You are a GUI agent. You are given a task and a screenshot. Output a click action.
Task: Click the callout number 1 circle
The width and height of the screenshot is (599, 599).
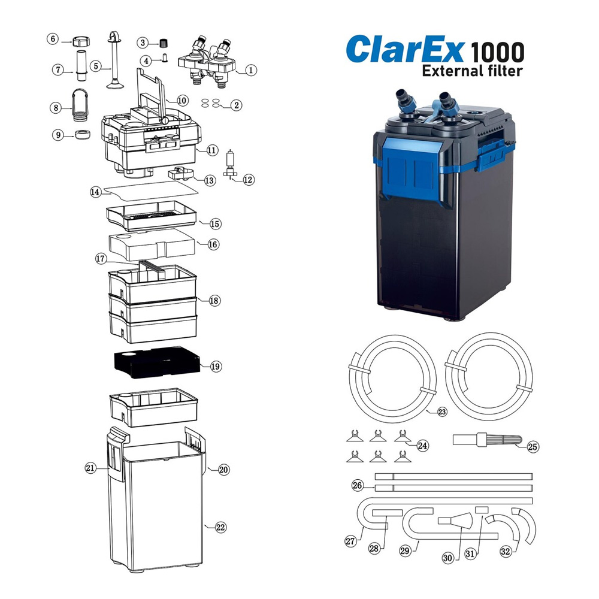pos(251,70)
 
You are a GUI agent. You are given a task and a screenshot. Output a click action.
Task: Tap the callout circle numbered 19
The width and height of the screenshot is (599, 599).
pos(216,366)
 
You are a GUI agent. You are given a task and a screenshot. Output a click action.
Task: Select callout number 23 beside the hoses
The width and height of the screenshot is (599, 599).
pos(442,412)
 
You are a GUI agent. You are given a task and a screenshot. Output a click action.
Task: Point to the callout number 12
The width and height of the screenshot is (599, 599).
pos(249,179)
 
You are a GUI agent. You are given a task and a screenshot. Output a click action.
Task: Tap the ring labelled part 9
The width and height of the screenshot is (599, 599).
pos(81,135)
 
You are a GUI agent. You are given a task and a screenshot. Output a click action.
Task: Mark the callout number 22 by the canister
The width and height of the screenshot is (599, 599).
pos(220,527)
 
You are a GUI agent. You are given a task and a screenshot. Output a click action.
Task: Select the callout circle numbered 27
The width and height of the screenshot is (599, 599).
pos(350,541)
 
